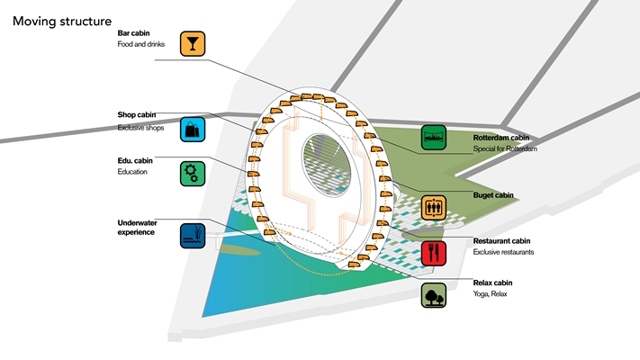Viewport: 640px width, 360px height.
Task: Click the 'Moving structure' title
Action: tap(62, 20)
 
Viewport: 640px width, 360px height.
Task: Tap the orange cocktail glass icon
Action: tap(193, 44)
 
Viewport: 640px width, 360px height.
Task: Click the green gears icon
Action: tap(193, 173)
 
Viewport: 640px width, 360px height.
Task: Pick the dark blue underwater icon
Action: tap(193, 236)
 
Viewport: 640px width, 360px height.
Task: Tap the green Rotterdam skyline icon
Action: tap(434, 138)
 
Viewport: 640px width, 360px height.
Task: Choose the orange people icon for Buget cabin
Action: tap(434, 207)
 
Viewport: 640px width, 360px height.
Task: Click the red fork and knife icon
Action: tap(434, 252)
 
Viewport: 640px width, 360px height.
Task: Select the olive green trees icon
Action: tap(434, 295)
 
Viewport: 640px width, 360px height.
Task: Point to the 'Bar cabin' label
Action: tap(135, 33)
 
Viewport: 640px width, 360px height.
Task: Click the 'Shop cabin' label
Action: tap(138, 115)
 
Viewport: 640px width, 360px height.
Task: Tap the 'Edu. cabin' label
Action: tap(136, 160)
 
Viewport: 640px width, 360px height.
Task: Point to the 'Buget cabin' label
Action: tap(493, 194)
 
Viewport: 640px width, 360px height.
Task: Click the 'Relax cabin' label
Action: tap(493, 283)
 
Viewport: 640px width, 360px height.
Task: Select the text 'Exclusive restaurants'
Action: tap(503, 252)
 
